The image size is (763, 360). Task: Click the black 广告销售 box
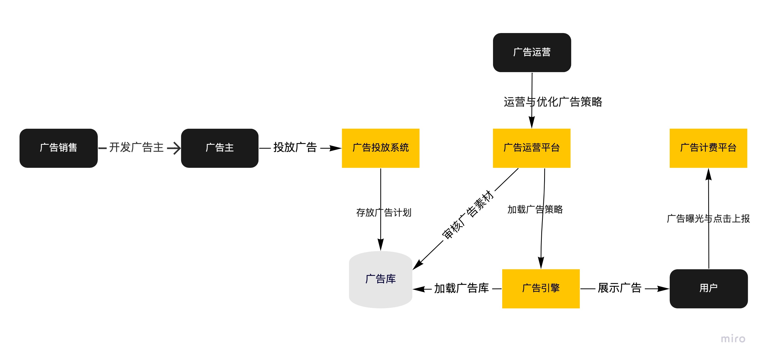coord(58,148)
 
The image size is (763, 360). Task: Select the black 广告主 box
coord(219,148)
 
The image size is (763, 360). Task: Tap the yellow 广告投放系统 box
coord(380,148)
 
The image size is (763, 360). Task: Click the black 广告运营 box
coord(532,52)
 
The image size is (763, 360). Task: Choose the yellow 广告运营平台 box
coord(531,148)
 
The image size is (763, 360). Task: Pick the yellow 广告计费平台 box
coord(708,148)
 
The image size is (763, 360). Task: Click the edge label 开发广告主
coord(136,147)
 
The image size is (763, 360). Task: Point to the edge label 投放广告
coord(295,147)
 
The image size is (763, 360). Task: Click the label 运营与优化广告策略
coord(553,102)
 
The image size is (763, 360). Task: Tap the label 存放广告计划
coord(383,212)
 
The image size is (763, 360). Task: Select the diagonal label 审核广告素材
coord(468,215)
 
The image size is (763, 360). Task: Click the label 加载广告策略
coord(535,209)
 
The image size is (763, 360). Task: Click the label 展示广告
coord(619,288)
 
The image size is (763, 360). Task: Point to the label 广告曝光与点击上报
coord(708,219)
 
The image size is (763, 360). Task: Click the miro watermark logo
coord(733,339)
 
